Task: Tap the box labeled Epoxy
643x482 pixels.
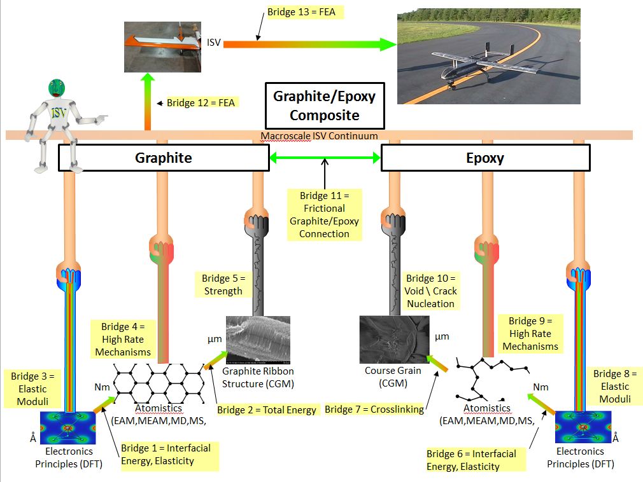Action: click(x=484, y=158)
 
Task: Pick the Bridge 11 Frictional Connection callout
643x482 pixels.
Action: click(x=324, y=214)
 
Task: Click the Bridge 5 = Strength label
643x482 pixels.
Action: click(x=223, y=284)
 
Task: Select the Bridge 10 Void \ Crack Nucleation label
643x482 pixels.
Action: click(x=431, y=291)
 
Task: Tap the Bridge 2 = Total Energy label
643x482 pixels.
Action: click(x=267, y=410)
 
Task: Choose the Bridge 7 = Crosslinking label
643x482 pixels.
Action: click(x=374, y=410)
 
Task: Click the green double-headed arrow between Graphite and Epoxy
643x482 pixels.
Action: click(x=324, y=157)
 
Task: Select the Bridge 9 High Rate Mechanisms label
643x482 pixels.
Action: click(x=530, y=333)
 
